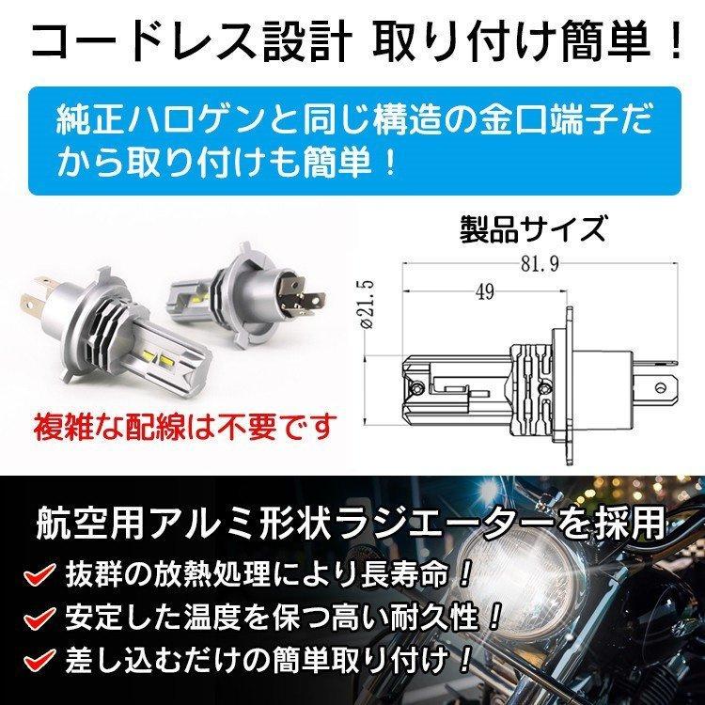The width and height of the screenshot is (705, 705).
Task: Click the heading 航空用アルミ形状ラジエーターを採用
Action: tap(352, 523)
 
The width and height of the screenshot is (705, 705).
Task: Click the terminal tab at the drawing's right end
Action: tap(669, 384)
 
